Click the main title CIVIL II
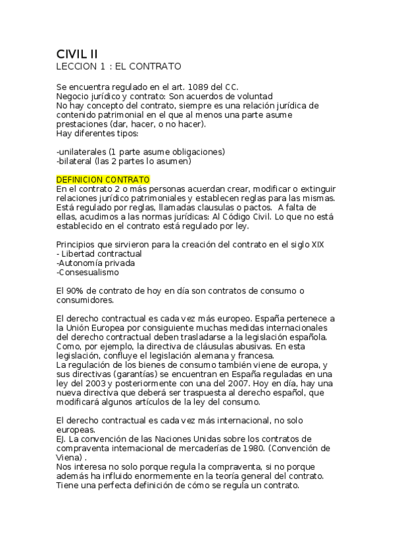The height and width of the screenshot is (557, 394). click(x=78, y=54)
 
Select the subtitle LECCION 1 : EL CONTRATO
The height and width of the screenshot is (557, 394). click(x=118, y=66)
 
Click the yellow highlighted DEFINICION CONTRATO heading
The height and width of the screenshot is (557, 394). click(x=103, y=180)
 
